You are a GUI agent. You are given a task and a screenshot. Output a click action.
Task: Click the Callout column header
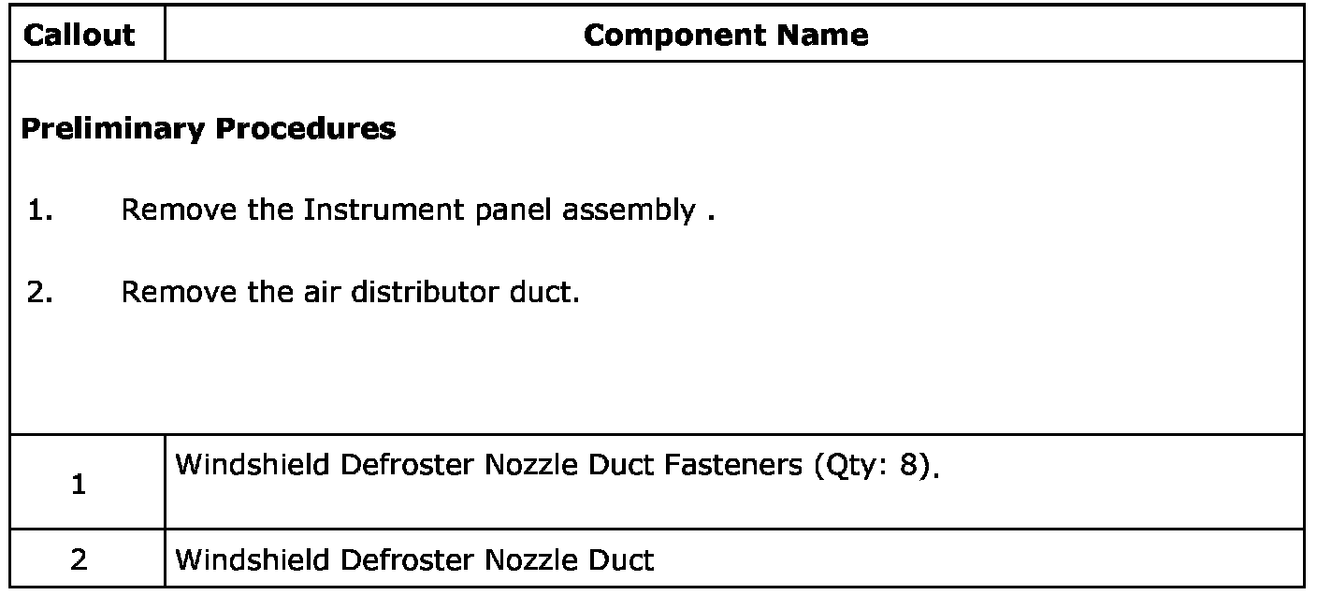point(79,36)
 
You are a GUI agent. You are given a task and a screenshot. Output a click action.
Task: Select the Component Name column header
point(726,36)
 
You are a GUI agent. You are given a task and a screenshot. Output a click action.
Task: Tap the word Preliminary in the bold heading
point(110,129)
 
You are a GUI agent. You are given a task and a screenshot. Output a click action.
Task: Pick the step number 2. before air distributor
point(38,293)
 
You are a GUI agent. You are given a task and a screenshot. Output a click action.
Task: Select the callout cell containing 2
point(80,560)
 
